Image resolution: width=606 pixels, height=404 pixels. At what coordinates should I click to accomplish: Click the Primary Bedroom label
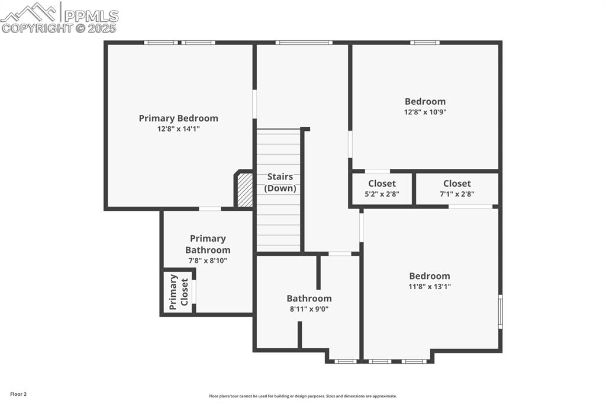coord(179,118)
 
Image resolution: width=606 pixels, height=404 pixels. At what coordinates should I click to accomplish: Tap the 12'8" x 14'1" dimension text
coord(179,129)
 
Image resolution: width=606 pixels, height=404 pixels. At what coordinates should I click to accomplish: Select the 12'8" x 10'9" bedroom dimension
coord(425,112)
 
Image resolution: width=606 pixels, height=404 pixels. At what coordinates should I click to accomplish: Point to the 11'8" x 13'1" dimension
coord(430,287)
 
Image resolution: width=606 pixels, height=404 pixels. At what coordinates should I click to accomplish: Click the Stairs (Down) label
coord(280,182)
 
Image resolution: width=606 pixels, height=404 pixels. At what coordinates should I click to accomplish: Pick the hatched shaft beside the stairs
coord(244,190)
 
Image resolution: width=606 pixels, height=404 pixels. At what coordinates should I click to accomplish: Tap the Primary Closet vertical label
coord(179,292)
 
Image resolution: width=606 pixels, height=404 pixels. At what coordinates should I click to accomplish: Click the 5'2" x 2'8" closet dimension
coord(382,194)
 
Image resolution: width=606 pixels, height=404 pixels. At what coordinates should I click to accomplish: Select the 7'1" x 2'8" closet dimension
coord(457,194)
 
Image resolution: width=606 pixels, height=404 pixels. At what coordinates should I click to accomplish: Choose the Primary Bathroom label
coord(208,244)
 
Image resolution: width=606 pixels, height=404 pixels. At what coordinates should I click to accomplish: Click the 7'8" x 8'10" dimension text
coord(208,261)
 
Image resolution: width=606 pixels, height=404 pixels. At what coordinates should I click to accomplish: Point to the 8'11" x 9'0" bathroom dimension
coord(309,309)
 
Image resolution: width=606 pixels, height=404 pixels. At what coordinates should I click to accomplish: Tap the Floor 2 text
coord(18,395)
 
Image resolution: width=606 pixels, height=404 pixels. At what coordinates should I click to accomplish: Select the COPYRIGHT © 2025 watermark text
coord(59,28)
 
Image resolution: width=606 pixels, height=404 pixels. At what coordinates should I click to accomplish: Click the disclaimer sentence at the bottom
coord(303,396)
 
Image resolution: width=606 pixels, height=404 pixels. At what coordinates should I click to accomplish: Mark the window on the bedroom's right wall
coord(500,312)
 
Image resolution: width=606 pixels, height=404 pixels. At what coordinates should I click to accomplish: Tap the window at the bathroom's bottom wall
coord(346,361)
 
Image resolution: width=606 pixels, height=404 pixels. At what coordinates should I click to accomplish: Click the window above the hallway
coord(304,43)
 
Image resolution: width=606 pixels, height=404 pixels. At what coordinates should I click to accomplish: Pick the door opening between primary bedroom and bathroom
coord(210,209)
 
